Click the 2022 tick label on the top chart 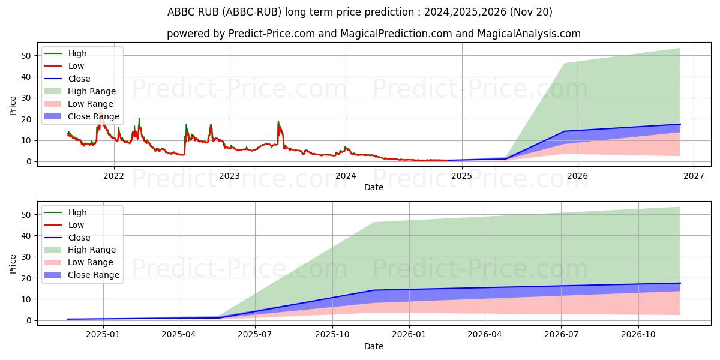point(113,176)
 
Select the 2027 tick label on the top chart point(694,176)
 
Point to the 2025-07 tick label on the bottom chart point(256,335)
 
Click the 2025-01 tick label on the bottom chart point(103,335)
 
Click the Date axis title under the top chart point(373,187)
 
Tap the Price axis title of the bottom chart point(13,263)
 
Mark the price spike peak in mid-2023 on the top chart point(278,122)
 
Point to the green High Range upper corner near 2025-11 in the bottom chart point(374,223)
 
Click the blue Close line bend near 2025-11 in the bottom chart point(374,290)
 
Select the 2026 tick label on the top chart point(577,176)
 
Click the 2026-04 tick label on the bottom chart point(485,335)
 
